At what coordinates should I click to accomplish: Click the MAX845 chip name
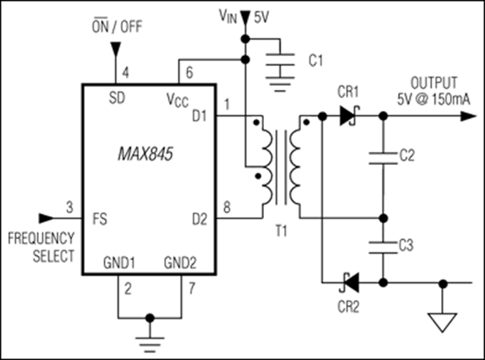(x=145, y=153)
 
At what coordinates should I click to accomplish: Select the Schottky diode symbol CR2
(x=349, y=283)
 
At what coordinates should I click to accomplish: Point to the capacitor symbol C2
(x=384, y=158)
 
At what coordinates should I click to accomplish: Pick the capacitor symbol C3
(x=384, y=248)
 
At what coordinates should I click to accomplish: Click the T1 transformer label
(x=281, y=231)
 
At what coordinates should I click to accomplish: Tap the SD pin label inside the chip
(x=117, y=98)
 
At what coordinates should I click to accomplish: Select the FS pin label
(x=100, y=219)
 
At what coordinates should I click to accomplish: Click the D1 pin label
(x=199, y=116)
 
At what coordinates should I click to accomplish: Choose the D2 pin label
(x=199, y=219)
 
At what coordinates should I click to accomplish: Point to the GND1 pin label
(x=119, y=263)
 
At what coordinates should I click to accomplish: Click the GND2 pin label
(x=180, y=263)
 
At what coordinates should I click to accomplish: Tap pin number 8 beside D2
(x=227, y=207)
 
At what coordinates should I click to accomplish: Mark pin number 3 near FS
(x=70, y=207)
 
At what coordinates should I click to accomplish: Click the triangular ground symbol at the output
(x=443, y=323)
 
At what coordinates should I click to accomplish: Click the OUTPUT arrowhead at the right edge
(x=468, y=117)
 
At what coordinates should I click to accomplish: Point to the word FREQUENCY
(x=41, y=238)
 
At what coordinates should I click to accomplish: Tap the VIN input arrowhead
(x=245, y=17)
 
